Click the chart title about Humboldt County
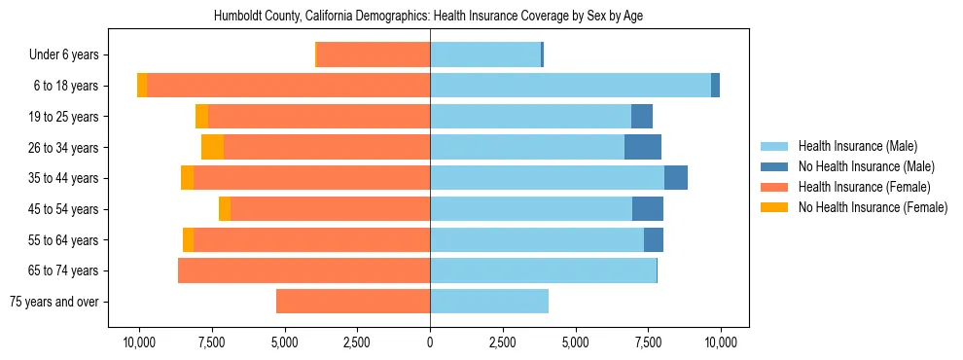[428, 17]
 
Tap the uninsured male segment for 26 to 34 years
[643, 147]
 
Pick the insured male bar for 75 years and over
[489, 301]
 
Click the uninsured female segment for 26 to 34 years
[212, 147]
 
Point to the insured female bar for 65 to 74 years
[303, 270]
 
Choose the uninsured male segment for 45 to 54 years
[648, 208]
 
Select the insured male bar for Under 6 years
[485, 54]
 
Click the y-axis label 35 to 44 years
[63, 178]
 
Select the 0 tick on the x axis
[430, 342]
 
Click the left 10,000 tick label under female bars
[139, 342]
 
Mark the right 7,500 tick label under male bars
[648, 342]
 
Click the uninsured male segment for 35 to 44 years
[676, 178]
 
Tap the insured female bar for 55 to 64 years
[311, 239]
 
